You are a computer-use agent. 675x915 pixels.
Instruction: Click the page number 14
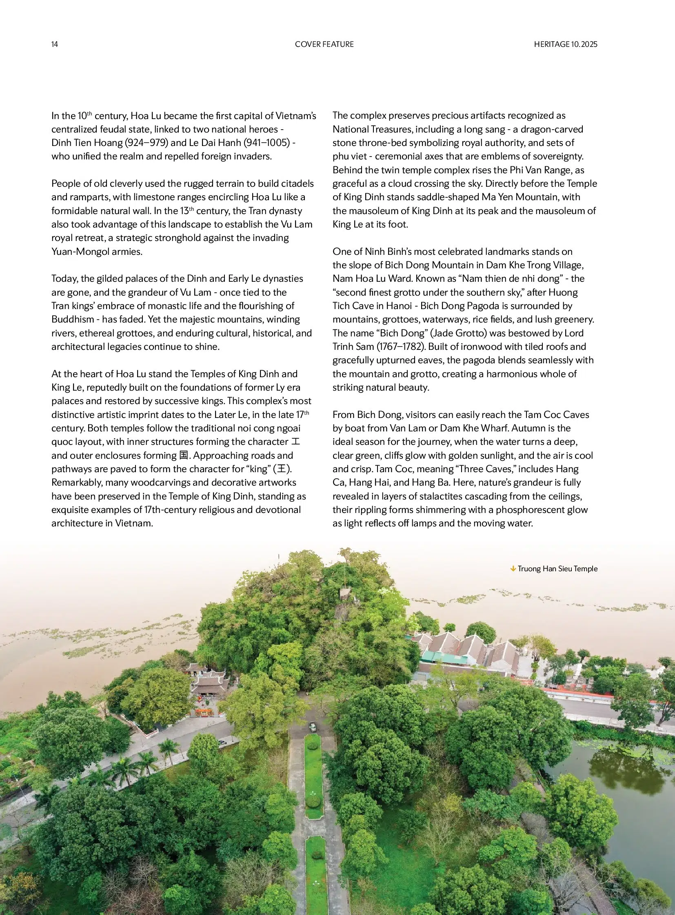[55, 44]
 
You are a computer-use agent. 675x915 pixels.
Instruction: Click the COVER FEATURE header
[324, 44]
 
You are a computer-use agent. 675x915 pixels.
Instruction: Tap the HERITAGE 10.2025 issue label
[565, 44]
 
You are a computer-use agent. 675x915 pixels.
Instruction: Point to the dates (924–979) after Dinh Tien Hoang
[146, 143]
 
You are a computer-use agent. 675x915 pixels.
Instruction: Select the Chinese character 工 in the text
[296, 442]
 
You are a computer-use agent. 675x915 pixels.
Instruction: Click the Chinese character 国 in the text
[184, 455]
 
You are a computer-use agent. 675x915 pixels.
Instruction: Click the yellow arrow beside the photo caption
[513, 569]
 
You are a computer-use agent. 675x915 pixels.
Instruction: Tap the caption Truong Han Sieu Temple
[557, 569]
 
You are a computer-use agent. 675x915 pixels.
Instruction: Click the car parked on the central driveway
[313, 726]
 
